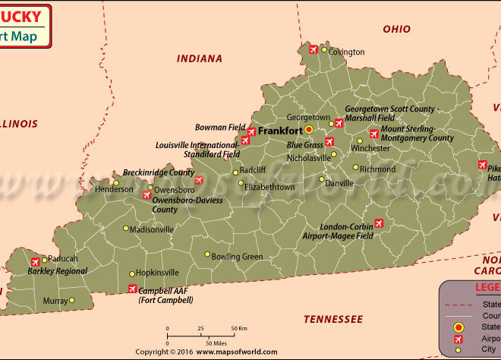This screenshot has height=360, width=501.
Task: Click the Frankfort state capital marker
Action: (x=309, y=130)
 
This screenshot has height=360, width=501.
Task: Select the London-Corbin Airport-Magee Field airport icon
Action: (x=379, y=223)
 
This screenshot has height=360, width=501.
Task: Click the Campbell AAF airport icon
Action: (x=133, y=289)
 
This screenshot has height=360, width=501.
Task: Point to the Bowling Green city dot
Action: (x=206, y=255)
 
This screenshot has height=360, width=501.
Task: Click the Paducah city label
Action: (x=63, y=259)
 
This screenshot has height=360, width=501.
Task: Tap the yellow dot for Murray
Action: (x=72, y=300)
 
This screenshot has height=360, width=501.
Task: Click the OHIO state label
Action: (x=396, y=30)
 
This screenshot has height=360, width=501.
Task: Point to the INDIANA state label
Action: (x=200, y=58)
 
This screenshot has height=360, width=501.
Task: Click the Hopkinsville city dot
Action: (x=132, y=273)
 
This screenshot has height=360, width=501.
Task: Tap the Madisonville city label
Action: (x=152, y=229)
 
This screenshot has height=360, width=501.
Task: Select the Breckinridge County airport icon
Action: (x=199, y=180)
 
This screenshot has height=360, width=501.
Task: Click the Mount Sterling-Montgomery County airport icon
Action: (x=373, y=134)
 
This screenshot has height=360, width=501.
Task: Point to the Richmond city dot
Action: (x=354, y=168)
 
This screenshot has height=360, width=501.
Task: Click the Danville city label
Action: (x=339, y=183)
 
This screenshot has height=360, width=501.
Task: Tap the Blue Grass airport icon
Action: (x=329, y=141)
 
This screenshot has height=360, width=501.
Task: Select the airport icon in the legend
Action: (x=458, y=339)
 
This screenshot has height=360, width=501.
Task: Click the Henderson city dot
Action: (x=115, y=182)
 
